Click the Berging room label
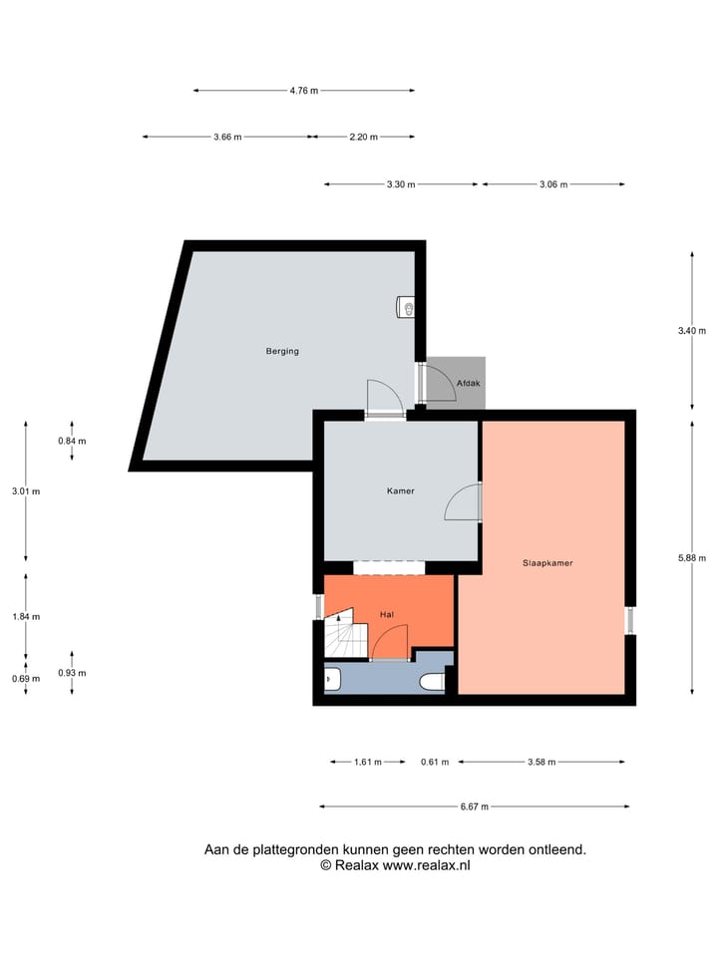tap(282, 351)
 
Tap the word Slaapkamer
tap(547, 562)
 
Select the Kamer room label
tap(400, 490)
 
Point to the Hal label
tap(388, 615)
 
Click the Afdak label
tap(468, 383)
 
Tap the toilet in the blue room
tap(431, 681)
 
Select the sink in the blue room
tap(333, 680)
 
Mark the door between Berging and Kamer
tap(384, 399)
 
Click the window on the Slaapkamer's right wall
tap(629, 620)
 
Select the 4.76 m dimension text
tap(303, 91)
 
